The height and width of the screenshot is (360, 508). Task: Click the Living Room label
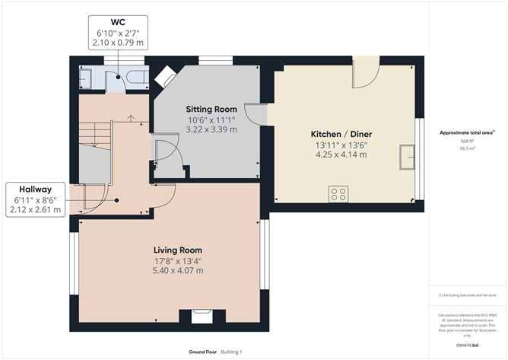point(178,250)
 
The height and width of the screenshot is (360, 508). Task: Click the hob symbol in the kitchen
point(338,193)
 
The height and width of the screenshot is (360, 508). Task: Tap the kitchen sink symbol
point(405,155)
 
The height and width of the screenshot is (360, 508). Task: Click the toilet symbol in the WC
point(137,78)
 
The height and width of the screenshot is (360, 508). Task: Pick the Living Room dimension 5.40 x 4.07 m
point(178,270)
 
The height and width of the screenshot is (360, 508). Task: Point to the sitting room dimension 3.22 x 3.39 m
point(213,129)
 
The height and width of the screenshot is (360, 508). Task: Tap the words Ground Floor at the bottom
point(202,352)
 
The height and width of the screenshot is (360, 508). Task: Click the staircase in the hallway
point(95,145)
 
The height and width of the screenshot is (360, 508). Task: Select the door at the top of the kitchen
point(365,74)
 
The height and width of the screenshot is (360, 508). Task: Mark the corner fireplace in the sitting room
point(165,75)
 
